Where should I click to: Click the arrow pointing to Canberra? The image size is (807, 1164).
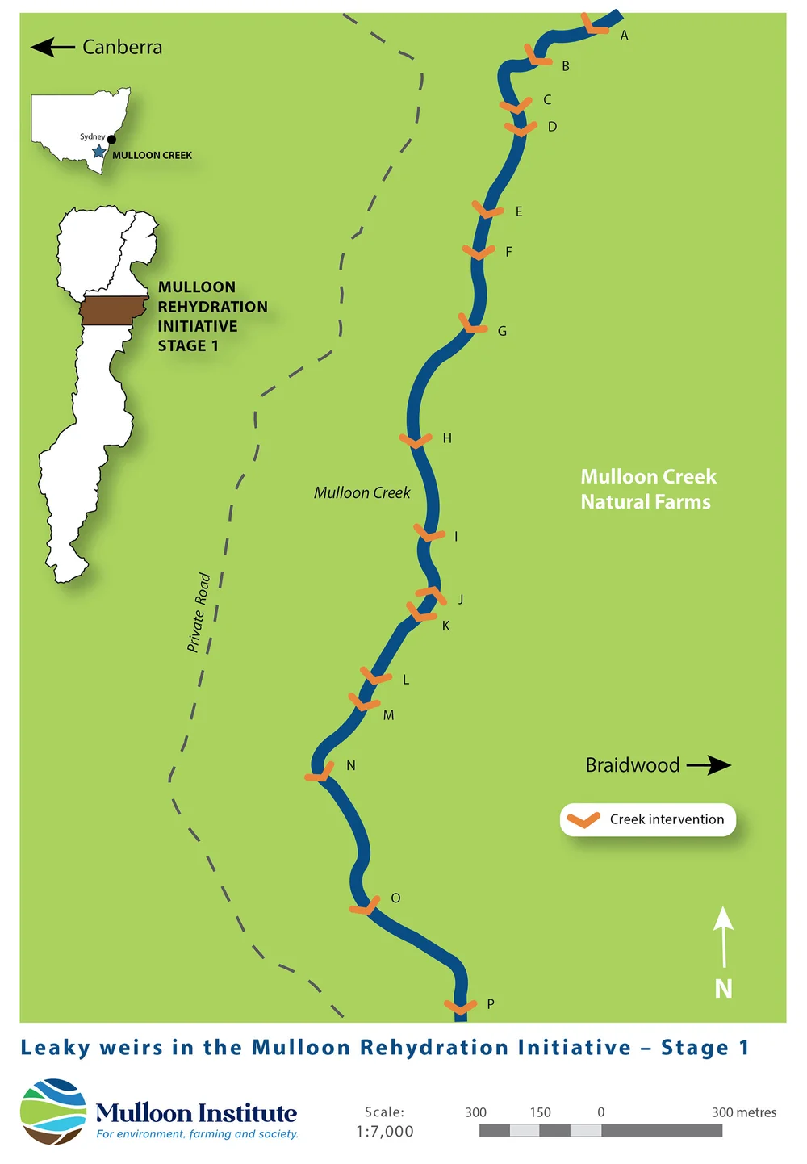click(x=52, y=48)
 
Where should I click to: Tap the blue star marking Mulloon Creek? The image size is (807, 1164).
click(x=98, y=151)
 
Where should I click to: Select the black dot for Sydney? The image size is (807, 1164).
click(x=111, y=140)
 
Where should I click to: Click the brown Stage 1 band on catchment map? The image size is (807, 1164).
click(x=113, y=311)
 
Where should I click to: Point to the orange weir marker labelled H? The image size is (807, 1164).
click(x=416, y=440)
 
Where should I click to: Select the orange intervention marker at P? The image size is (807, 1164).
click(x=460, y=1007)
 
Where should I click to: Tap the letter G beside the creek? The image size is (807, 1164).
click(x=502, y=331)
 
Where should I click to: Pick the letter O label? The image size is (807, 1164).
click(x=395, y=898)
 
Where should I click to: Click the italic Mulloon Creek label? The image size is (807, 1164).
click(x=362, y=493)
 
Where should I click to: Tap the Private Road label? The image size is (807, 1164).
click(x=199, y=613)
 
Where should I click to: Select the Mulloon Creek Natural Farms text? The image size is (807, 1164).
click(x=647, y=489)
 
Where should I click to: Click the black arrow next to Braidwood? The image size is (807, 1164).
click(x=709, y=764)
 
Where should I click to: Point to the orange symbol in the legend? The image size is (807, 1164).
click(x=583, y=820)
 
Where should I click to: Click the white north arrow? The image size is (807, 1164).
click(x=723, y=936)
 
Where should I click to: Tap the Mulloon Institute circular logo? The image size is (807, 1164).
click(x=53, y=1112)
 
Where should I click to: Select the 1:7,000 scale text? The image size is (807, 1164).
click(x=384, y=1132)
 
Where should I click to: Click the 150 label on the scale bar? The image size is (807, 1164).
click(x=540, y=1112)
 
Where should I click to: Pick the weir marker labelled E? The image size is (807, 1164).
click(x=487, y=210)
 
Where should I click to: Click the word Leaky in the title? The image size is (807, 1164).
click(x=55, y=1048)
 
